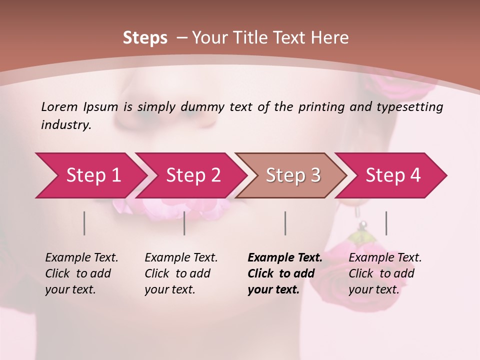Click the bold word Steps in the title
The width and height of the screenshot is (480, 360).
click(x=145, y=37)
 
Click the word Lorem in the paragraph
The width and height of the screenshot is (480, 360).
click(x=59, y=106)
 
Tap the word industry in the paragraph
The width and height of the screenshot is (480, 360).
click(x=66, y=124)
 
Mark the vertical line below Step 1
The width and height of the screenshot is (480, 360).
click(x=84, y=223)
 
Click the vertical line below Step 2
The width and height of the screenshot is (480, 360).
click(x=184, y=223)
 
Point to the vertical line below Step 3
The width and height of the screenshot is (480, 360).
click(x=285, y=223)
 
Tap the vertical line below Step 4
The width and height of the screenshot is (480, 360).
click(x=386, y=223)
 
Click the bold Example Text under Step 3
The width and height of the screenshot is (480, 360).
click(x=285, y=257)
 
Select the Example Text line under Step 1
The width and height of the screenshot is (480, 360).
click(x=81, y=257)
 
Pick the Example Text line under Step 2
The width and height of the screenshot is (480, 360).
click(x=181, y=257)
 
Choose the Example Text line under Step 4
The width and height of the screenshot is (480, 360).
click(x=385, y=257)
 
